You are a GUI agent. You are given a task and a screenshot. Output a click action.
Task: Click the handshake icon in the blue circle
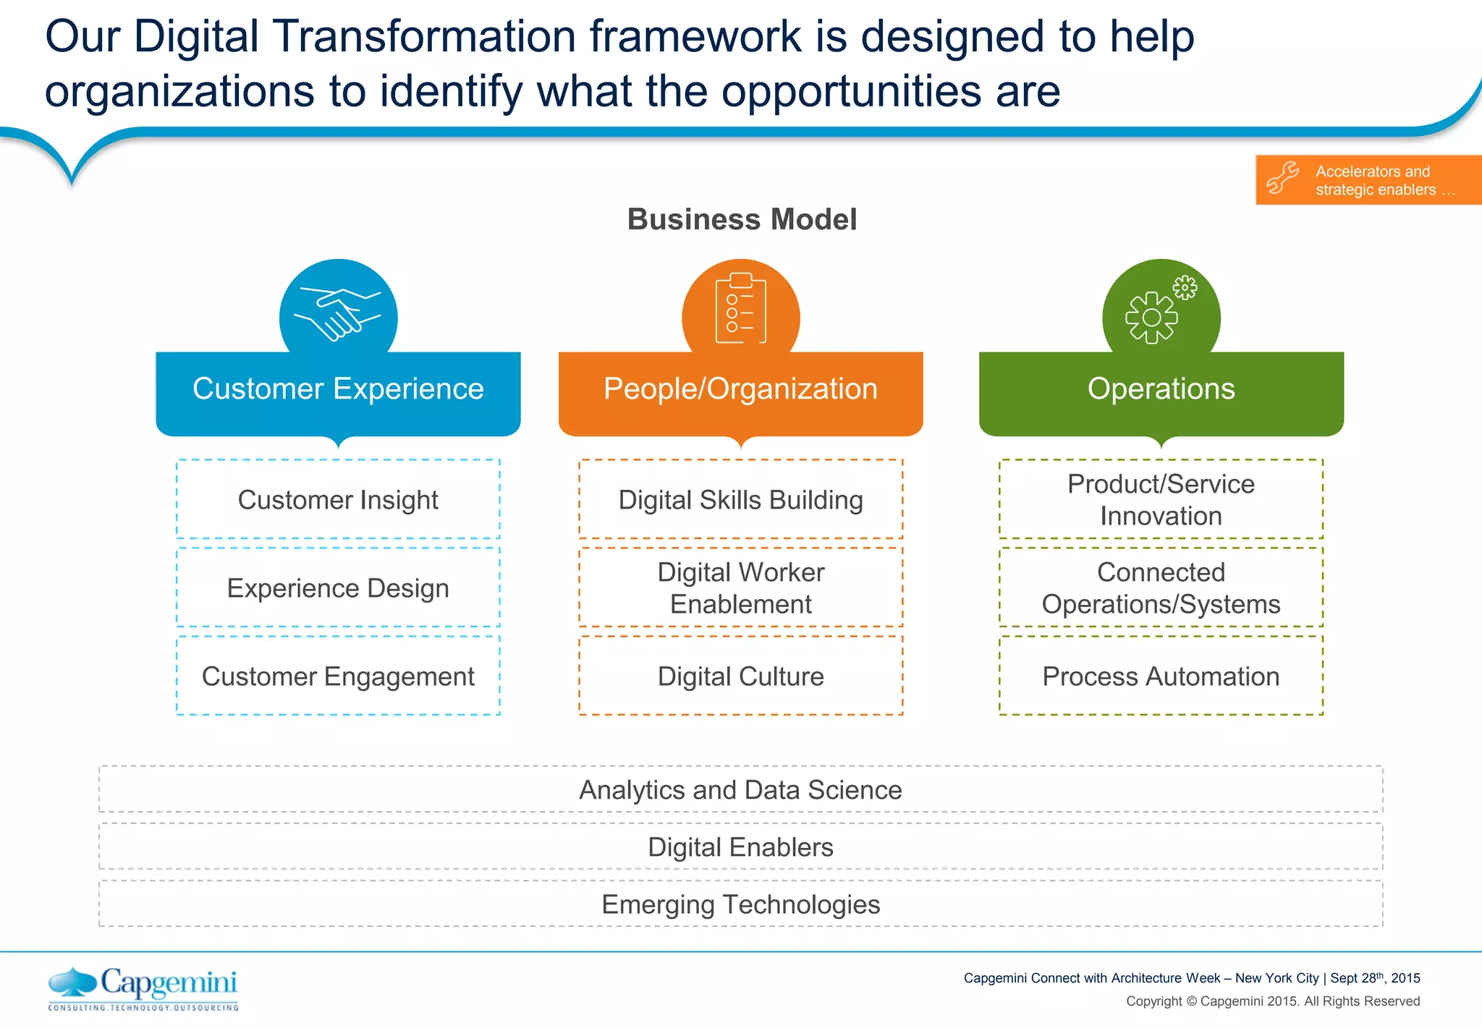pyautogui.click(x=337, y=314)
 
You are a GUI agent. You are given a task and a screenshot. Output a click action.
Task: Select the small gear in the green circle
pyautogui.click(x=1185, y=287)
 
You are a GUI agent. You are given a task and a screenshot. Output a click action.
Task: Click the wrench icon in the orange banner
pyautogui.click(x=1282, y=179)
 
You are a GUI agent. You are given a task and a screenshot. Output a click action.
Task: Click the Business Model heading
pyautogui.click(x=742, y=219)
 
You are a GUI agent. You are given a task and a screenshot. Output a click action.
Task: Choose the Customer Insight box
pyautogui.click(x=338, y=499)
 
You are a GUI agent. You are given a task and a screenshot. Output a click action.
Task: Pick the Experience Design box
pyautogui.click(x=338, y=588)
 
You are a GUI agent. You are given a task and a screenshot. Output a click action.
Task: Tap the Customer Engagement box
pyautogui.click(x=338, y=676)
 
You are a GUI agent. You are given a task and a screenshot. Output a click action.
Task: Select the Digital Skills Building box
pyautogui.click(x=740, y=499)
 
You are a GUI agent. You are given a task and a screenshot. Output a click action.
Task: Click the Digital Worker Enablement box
pyautogui.click(x=740, y=588)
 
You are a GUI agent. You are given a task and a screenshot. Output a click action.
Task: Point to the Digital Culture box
pyautogui.click(x=740, y=676)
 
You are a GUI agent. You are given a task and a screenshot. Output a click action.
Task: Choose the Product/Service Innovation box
pyautogui.click(x=1161, y=499)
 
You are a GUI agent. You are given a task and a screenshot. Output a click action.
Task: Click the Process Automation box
pyautogui.click(x=1161, y=676)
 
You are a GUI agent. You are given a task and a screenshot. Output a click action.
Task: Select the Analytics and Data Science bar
pyautogui.click(x=740, y=789)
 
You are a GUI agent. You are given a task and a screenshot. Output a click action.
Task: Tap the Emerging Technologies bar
pyautogui.click(x=740, y=904)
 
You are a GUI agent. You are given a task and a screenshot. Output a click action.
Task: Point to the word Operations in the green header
pyautogui.click(x=1161, y=389)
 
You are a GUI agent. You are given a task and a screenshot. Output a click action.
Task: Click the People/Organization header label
pyautogui.click(x=740, y=389)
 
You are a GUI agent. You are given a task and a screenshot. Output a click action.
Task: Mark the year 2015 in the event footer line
pyautogui.click(x=1405, y=978)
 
